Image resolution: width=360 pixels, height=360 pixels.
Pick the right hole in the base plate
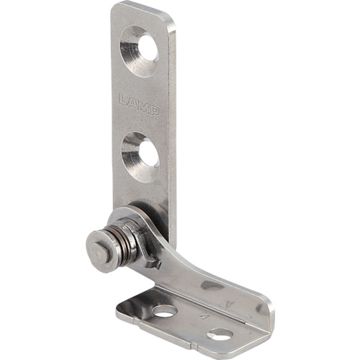(x=220, y=335)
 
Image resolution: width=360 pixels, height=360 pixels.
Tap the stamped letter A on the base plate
(x=204, y=317)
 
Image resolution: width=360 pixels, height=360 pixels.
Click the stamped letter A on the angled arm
(x=230, y=305)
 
